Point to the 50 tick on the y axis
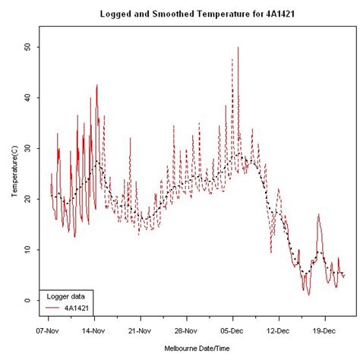point(29,47)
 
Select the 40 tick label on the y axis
point(29,97)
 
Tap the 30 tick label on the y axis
point(29,148)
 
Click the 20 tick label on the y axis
point(29,199)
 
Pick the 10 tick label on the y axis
point(29,250)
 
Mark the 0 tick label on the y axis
point(29,301)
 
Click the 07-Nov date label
point(49,331)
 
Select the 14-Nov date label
point(94,331)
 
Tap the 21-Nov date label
point(141,331)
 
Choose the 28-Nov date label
point(186,331)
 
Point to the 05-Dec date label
point(232,331)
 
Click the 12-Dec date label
point(279,331)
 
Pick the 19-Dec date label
point(324,331)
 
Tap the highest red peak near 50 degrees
point(238,48)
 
